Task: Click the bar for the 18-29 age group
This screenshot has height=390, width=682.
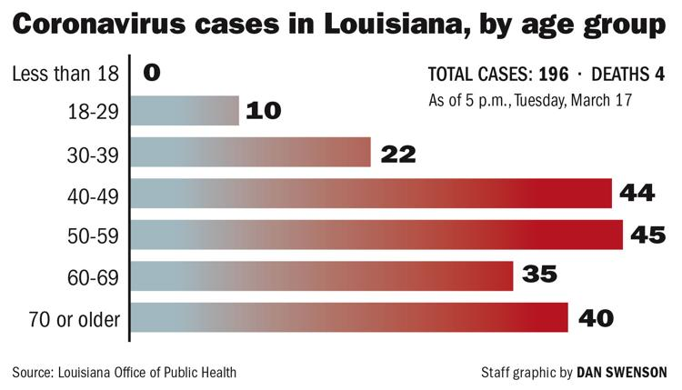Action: (186, 111)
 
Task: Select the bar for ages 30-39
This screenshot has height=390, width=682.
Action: (252, 152)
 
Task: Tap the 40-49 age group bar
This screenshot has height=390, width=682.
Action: (372, 193)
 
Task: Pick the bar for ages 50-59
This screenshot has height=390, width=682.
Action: (377, 235)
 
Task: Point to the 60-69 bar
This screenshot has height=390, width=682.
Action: (323, 276)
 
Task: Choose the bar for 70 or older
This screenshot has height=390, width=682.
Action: (350, 318)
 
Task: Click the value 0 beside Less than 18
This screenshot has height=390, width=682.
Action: (152, 71)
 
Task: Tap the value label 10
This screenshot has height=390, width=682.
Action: (264, 112)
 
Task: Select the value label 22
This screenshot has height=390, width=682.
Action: (397, 154)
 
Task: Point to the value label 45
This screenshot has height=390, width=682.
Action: (649, 235)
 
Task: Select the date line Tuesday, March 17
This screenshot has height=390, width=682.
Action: (584, 99)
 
